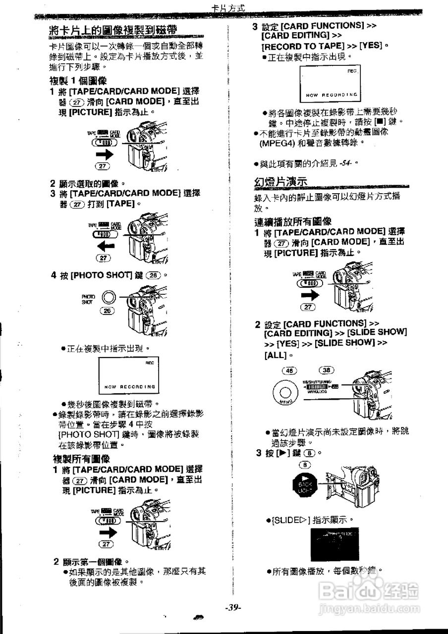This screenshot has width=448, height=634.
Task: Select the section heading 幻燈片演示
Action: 280,181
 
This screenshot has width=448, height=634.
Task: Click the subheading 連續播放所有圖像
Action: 293,221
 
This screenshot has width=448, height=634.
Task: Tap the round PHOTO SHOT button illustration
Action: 109,297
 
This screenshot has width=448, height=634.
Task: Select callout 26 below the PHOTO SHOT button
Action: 108,311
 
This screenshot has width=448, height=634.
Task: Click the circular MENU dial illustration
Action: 285,394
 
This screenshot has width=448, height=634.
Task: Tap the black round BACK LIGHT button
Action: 305,483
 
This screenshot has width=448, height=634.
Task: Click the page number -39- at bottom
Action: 232,608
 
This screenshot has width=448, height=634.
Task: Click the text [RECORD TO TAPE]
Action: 303,46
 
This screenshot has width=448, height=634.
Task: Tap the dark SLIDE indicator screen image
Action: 335,544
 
